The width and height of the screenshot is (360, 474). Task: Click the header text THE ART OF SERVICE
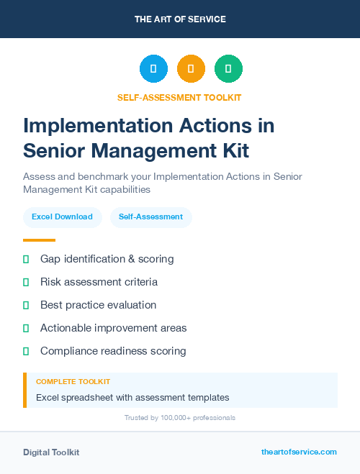pos(180,19)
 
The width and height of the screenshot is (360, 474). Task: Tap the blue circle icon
pos(153,69)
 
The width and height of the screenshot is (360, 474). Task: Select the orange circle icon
pos(191,69)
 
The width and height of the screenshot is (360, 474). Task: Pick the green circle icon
pos(228,69)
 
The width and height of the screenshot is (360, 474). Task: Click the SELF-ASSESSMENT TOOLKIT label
pos(179,98)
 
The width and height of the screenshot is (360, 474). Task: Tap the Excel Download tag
pos(62,217)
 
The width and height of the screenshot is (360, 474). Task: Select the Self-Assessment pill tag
pos(150,217)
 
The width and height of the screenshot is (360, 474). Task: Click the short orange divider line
pos(39,240)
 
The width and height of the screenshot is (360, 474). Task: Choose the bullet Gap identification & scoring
pos(107,258)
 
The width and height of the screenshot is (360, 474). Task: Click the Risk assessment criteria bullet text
pos(99,282)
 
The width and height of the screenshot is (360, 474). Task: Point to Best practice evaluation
pos(98,305)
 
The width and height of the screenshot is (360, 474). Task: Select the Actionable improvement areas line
pos(113,328)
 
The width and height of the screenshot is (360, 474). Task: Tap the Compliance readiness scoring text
pos(113,351)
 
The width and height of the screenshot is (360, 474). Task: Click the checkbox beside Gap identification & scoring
pos(26,258)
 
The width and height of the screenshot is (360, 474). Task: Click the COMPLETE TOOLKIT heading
pos(73,382)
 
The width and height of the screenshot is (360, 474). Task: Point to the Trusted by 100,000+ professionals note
pos(179,418)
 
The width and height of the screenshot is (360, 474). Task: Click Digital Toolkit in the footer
pos(51,452)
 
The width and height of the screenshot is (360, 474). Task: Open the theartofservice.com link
pos(299,452)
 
